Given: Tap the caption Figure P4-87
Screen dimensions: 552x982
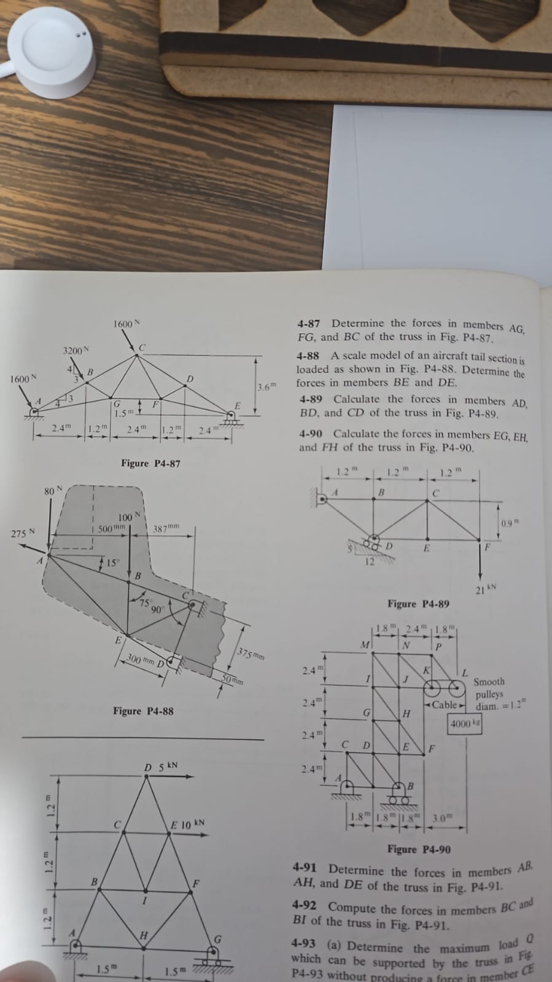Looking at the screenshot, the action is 150,463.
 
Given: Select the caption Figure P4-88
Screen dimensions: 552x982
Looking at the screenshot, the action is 143,711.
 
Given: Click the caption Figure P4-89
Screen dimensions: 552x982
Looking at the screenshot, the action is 418,604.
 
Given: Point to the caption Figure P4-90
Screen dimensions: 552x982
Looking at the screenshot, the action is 419,849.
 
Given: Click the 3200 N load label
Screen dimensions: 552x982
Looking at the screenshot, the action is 76,351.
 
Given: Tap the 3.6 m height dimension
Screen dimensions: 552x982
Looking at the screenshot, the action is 267,387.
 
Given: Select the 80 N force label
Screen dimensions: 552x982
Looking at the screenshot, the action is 53,491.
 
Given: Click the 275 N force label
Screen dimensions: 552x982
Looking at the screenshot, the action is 23,533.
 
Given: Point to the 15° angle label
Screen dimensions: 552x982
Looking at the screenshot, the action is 111,563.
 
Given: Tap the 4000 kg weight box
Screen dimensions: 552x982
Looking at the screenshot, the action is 465,723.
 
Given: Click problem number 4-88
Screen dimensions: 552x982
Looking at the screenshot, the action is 307,356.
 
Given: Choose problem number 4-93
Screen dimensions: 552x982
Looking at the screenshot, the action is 303,942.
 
